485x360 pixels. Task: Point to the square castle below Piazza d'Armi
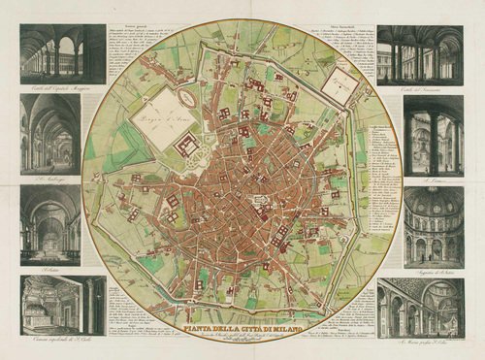[x=188, y=147]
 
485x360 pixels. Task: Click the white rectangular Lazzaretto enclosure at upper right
[x=339, y=83]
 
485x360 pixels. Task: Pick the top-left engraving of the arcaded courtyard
[x=62, y=53]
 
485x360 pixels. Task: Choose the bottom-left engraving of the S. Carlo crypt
[x=62, y=304]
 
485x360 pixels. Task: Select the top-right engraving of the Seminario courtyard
[x=420, y=53]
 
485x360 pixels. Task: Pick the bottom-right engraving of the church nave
[x=420, y=306]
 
